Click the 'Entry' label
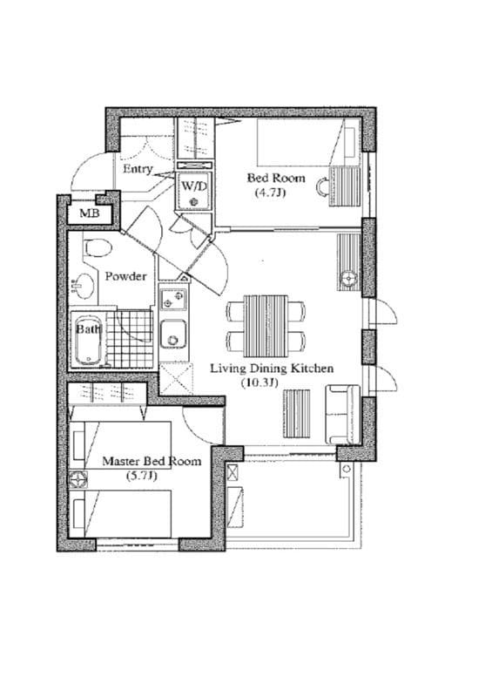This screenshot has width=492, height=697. pos(138,169)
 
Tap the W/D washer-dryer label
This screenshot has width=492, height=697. pos(192,186)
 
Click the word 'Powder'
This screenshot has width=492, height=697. pos(125,276)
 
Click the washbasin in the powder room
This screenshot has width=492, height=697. pos(84,284)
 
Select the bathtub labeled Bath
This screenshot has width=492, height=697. pos(88,340)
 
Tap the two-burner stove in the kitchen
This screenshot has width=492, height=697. pos(173,299)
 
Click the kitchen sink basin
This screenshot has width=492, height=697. pos(172,334)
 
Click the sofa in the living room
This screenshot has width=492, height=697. pos(342,413)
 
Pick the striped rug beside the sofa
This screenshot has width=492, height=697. pos(297,413)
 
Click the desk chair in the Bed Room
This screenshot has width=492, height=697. pos(324,186)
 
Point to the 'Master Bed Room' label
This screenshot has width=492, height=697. pos(152,461)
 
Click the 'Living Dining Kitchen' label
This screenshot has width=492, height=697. pos(272,369)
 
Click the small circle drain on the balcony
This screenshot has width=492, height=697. pos(347,470)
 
